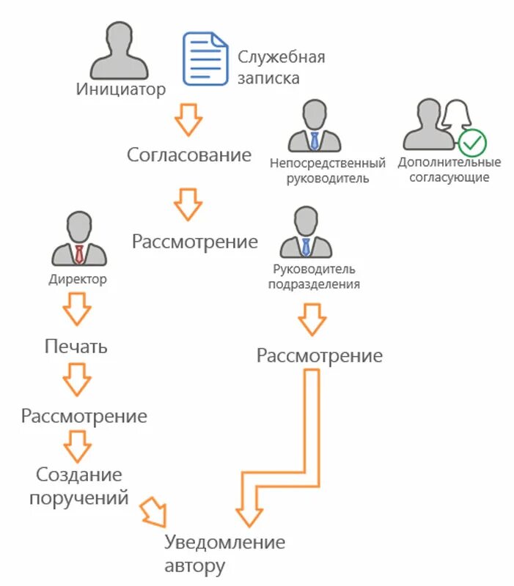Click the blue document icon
[205, 59]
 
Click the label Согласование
[188, 155]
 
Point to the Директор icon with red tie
[78, 239]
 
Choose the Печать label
[76, 346]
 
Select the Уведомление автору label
[224, 554]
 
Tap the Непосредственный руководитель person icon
[314, 127]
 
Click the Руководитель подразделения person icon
[305, 232]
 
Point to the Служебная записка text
[280, 67]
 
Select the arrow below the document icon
[188, 119]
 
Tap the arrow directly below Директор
[76, 308]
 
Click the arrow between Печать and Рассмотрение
[76, 380]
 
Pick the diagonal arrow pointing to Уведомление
[155, 511]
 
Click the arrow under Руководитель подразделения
[312, 319]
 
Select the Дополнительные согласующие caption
[449, 169]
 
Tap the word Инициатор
[121, 90]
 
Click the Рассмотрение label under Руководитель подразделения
[319, 356]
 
